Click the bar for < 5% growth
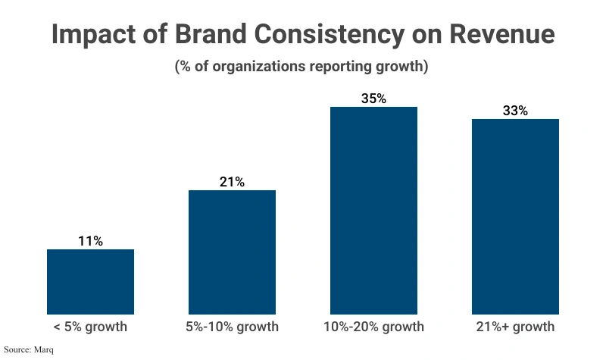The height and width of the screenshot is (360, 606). pyautogui.click(x=90, y=281)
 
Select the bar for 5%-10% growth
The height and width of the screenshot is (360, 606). pyautogui.click(x=232, y=252)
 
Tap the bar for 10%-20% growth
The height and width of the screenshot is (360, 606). pyautogui.click(x=373, y=210)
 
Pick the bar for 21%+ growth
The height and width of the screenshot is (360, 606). pyautogui.click(x=515, y=216)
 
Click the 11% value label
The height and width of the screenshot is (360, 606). pyautogui.click(x=90, y=241)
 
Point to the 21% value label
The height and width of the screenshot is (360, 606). pyautogui.click(x=232, y=182)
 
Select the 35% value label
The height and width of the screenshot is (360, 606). pyautogui.click(x=373, y=99)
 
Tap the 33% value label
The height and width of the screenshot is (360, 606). pyautogui.click(x=515, y=111)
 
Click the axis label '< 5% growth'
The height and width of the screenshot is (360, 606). pyautogui.click(x=90, y=327)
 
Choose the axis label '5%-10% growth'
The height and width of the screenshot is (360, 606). pyautogui.click(x=232, y=327)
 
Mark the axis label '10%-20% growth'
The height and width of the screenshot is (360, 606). pyautogui.click(x=373, y=327)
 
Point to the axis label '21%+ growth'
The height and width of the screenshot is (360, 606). pyautogui.click(x=515, y=327)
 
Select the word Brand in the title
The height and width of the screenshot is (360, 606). pyautogui.click(x=217, y=36)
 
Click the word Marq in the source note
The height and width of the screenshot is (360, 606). pyautogui.click(x=44, y=350)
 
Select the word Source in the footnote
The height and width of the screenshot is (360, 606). pyautogui.click(x=17, y=350)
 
